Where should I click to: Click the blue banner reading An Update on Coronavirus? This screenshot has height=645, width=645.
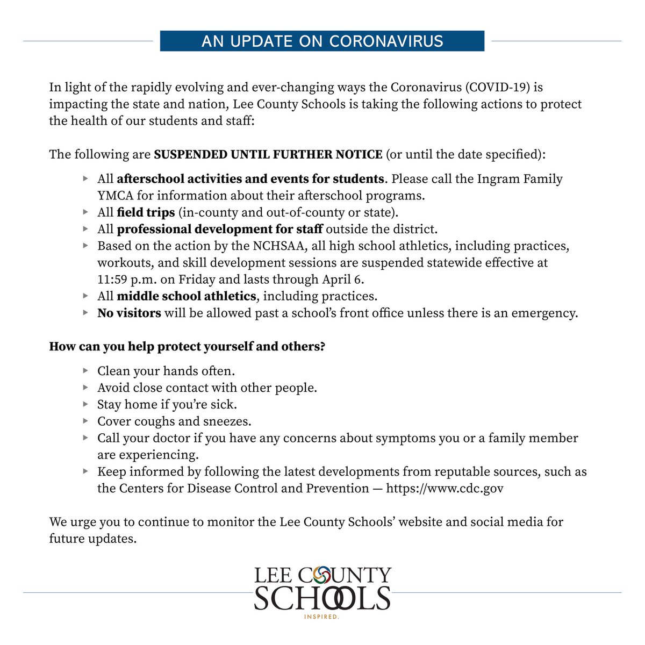pos(322,41)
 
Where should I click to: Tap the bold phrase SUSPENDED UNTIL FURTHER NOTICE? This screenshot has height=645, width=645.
pos(268,155)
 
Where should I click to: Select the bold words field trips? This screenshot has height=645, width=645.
pos(146,212)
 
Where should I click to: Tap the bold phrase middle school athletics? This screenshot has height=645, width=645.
pos(186,296)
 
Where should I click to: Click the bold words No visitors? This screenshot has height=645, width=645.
pos(129,313)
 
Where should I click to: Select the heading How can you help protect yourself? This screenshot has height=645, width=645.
pos(187,347)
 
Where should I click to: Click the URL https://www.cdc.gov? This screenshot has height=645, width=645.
pos(445,489)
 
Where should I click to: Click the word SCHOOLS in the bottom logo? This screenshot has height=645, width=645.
pos(322,598)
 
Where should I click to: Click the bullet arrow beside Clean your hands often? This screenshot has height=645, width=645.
pos(85,371)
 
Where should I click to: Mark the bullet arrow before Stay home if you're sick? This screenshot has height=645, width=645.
pos(85,404)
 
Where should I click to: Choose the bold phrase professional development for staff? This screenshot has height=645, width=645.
pos(220,229)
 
